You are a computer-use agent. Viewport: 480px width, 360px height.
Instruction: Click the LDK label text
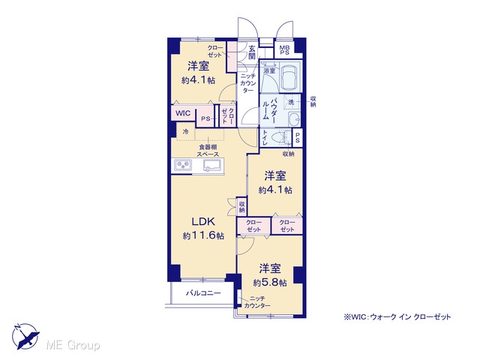pyautogui.click(x=203, y=221)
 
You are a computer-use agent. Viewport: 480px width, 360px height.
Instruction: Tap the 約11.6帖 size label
pyautogui.click(x=203, y=235)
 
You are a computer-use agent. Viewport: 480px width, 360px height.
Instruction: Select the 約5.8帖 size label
pyautogui.click(x=270, y=283)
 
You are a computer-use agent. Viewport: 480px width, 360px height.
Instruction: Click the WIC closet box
pyautogui.click(x=183, y=113)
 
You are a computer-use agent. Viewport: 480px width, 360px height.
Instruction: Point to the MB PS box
pyautogui.click(x=284, y=49)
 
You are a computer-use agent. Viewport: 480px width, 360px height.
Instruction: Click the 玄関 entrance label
pyautogui.click(x=252, y=52)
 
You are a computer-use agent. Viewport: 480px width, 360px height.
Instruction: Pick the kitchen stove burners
pyautogui.click(x=183, y=165)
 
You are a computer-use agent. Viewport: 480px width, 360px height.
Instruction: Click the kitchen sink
pyautogui.click(x=212, y=165)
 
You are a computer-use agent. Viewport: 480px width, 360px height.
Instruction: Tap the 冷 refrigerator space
pyautogui.click(x=185, y=132)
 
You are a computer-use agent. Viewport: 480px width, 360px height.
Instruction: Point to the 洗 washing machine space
pyautogui.click(x=291, y=102)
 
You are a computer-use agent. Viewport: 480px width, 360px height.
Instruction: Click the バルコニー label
pyautogui.click(x=203, y=293)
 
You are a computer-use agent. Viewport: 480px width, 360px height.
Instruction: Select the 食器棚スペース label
pyautogui.click(x=208, y=151)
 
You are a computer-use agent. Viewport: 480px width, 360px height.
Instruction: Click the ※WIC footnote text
pyautogui.click(x=397, y=317)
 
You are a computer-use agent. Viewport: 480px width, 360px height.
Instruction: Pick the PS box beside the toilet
pyautogui.click(x=297, y=137)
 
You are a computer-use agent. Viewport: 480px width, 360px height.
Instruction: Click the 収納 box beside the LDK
pyautogui.click(x=241, y=206)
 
